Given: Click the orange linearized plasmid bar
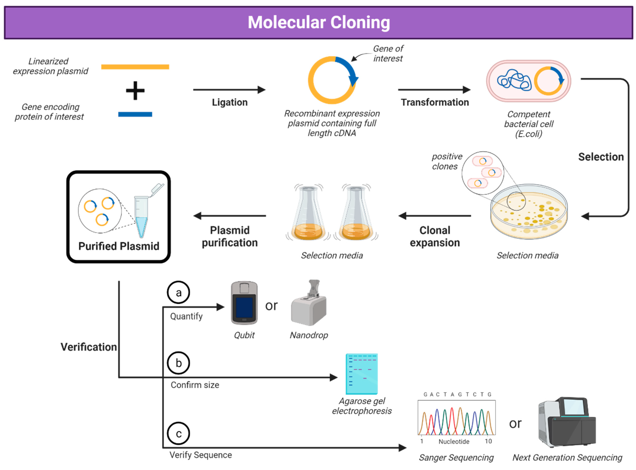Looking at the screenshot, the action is pyautogui.click(x=135, y=67).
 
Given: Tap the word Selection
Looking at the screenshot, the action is pyautogui.click(x=601, y=157).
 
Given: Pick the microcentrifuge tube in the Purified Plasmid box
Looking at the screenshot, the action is pyautogui.click(x=145, y=211).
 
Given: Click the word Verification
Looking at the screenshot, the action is pyautogui.click(x=89, y=347).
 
